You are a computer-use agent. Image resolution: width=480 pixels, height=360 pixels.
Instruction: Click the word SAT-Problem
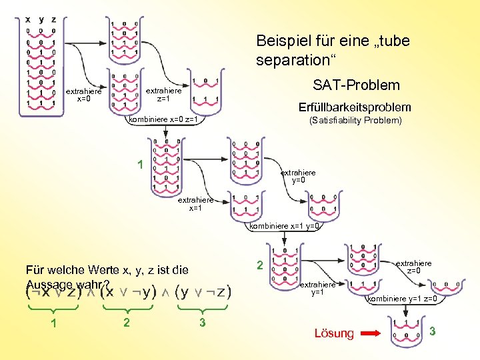[x=356, y=85]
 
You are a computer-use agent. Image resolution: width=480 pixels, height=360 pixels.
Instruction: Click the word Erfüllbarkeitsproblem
[x=355, y=107]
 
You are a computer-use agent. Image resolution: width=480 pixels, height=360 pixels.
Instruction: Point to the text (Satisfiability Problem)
[x=355, y=121]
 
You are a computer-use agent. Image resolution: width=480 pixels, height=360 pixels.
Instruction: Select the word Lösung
[x=333, y=333]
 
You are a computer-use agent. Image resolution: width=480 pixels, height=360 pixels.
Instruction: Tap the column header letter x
[x=28, y=19]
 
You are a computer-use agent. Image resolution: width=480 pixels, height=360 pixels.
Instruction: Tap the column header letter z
[x=53, y=19]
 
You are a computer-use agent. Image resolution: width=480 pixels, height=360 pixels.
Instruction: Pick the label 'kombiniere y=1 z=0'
[x=402, y=299]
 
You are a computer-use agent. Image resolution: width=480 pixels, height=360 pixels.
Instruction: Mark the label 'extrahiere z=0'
[x=413, y=267]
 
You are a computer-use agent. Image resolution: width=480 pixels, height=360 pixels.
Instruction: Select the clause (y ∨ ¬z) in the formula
[x=202, y=291]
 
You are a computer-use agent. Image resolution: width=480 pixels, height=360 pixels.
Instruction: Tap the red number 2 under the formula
[x=127, y=323]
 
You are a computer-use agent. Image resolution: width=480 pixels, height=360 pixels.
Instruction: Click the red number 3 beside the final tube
[x=432, y=331]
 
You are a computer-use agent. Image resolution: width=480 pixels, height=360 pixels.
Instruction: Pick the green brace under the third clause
[x=202, y=309]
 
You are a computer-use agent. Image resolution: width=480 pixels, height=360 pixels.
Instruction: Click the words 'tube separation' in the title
[x=333, y=51]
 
